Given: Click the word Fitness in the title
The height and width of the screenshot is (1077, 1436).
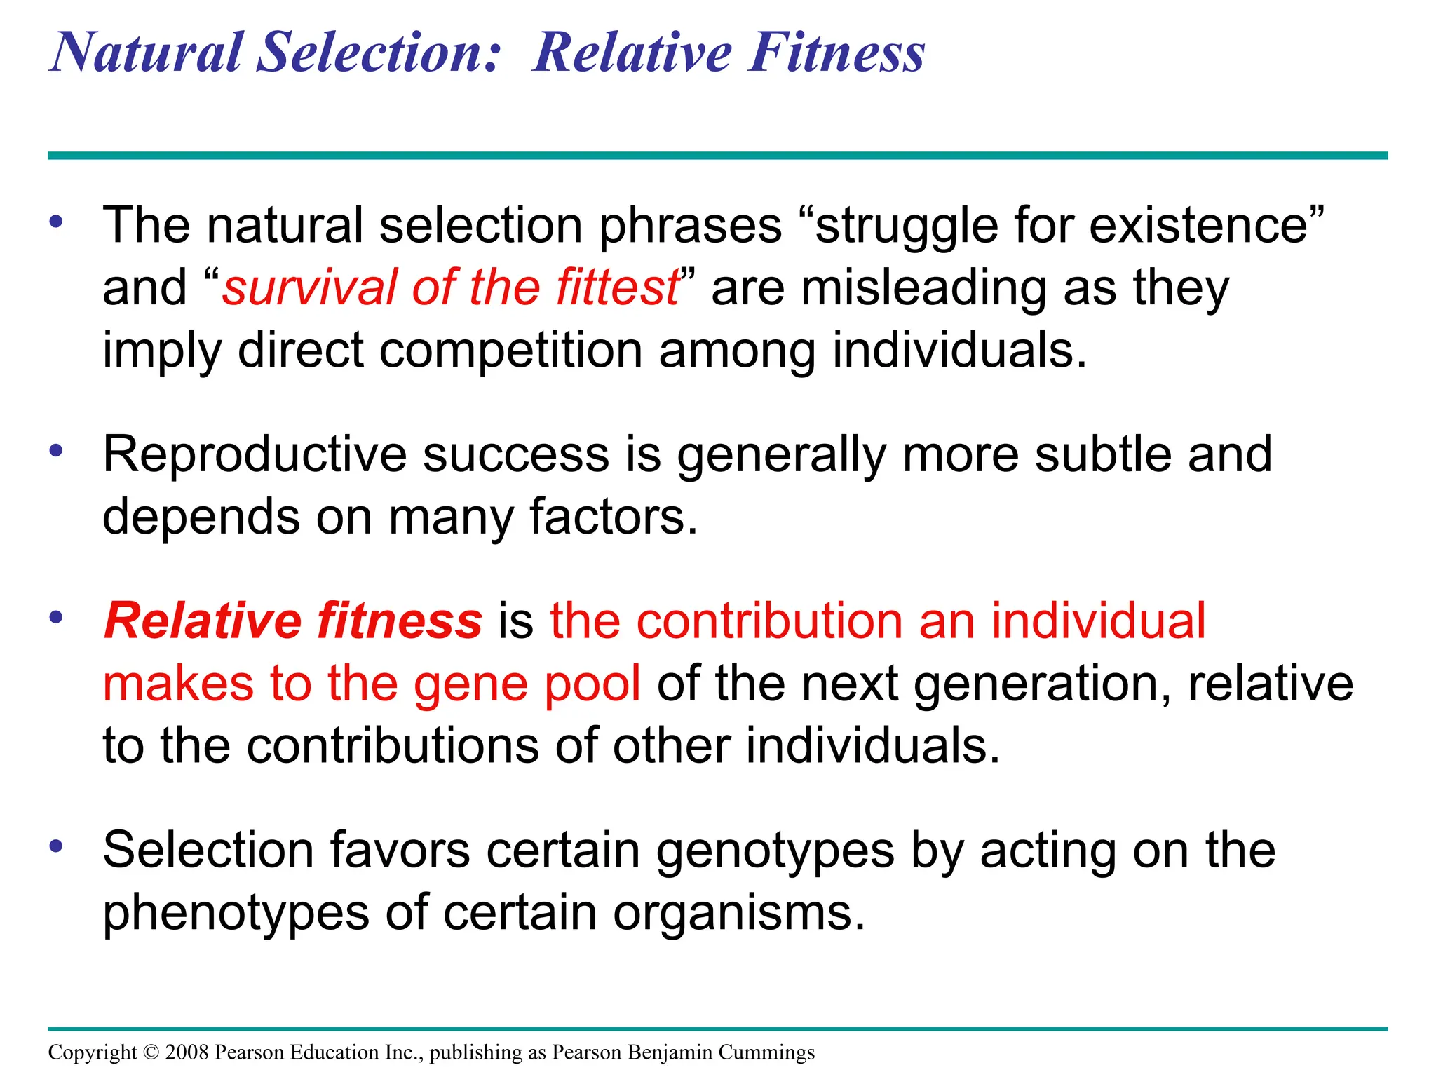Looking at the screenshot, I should pos(836,53).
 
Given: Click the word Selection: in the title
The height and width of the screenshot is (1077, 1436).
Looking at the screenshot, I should pos(379,53).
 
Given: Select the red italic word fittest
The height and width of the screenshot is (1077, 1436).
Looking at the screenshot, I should pos(617,287).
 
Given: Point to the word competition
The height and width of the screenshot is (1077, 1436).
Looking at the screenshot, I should pos(510,350).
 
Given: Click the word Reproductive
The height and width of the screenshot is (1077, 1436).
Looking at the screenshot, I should pos(254,455).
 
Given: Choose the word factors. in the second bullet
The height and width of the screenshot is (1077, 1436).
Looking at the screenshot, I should pos(614,516).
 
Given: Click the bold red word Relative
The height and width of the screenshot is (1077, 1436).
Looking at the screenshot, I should pos(203,621).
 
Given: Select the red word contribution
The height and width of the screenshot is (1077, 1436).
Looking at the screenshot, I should pos(727,621).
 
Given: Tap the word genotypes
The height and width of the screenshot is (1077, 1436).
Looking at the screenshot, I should pos(775,851).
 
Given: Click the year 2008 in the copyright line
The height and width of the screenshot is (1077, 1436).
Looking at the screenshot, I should pos(187,1052).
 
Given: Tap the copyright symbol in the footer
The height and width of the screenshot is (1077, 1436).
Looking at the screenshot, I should pos(151,1052).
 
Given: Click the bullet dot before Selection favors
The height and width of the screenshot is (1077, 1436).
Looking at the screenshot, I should pos(56,846).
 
